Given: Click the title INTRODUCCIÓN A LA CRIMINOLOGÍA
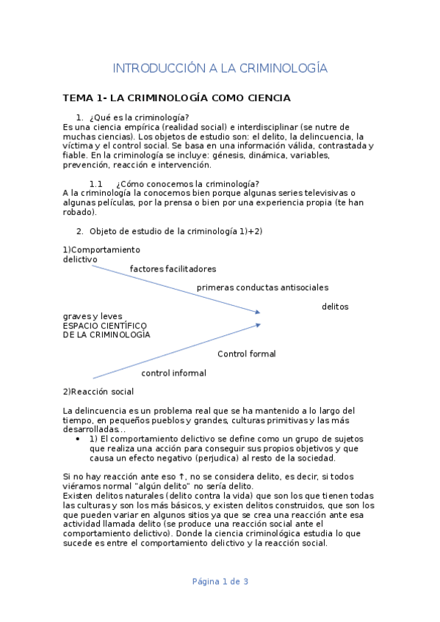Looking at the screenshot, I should click(x=220, y=68).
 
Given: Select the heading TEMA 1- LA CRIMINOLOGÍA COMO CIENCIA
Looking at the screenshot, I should click(x=176, y=98).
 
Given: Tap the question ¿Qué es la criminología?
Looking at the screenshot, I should click(x=139, y=117).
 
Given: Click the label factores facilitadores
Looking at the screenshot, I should click(x=173, y=268).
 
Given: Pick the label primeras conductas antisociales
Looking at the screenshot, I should click(x=262, y=288).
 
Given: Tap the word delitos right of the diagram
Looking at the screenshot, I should click(x=335, y=306).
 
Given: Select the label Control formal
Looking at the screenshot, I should click(x=246, y=354).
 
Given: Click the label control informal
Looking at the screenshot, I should click(x=173, y=373).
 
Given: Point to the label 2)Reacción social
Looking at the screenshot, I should click(x=98, y=392).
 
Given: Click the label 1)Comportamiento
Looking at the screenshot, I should click(x=101, y=249).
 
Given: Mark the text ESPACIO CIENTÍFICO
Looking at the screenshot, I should click(x=105, y=325).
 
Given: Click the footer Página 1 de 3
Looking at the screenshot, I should click(x=220, y=582).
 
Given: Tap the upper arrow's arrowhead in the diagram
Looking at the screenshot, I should click(x=257, y=312).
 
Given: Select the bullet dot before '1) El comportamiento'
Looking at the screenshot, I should click(x=79, y=439).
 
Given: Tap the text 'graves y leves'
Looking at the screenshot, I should click(x=93, y=316).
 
